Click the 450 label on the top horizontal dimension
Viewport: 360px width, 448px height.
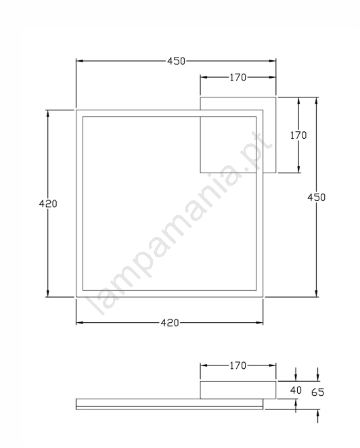click(x=177, y=61)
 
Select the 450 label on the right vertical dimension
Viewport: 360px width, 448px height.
click(x=316, y=198)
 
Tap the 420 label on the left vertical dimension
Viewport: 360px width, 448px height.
click(x=48, y=204)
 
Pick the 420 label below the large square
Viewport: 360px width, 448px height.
click(x=170, y=323)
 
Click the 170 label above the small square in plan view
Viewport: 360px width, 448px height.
click(x=238, y=77)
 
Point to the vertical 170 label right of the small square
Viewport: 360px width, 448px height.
click(x=298, y=135)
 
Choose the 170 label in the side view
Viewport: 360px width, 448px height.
click(x=238, y=365)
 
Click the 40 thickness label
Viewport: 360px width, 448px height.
click(x=296, y=390)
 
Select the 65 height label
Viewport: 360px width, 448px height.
click(x=318, y=393)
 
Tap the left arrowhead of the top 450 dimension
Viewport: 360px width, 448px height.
click(x=80, y=61)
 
